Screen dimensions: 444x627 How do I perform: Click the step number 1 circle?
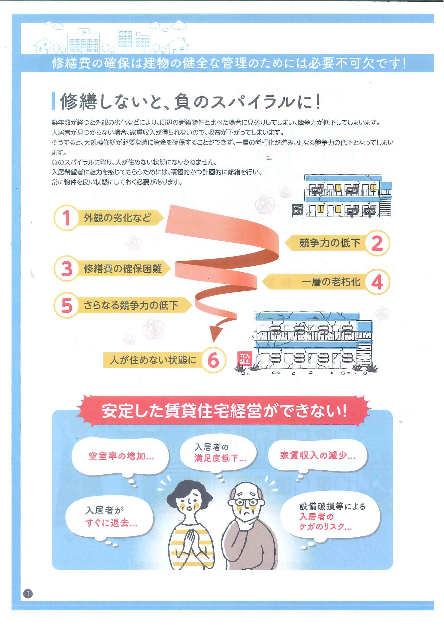click(66, 218)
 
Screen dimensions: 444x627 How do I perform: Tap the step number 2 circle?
click(377, 243)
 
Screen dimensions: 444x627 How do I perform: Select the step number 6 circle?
click(213, 360)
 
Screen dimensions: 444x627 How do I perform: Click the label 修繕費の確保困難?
click(123, 269)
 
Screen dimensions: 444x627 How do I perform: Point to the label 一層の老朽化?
click(331, 281)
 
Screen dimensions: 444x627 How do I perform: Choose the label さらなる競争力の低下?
click(131, 305)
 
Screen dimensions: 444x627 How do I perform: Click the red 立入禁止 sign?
click(245, 358)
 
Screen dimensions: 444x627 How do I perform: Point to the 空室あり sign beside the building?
click(298, 210)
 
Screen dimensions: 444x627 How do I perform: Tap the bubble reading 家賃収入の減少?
click(317, 456)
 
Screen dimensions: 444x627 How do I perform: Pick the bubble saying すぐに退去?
click(110, 517)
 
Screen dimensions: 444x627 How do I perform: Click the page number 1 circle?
click(28, 594)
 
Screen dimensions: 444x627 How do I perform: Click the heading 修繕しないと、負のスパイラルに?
click(190, 101)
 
